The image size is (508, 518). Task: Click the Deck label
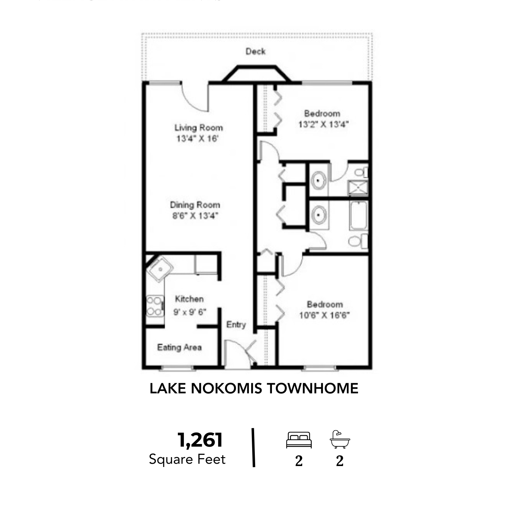click(x=255, y=51)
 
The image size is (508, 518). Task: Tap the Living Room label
click(x=199, y=127)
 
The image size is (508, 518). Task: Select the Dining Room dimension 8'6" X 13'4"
click(x=195, y=216)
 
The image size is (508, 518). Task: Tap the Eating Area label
click(x=179, y=347)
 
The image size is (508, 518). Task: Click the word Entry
click(x=236, y=325)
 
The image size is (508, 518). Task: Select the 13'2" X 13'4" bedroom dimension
click(x=323, y=124)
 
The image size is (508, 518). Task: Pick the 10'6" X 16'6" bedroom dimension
click(x=324, y=315)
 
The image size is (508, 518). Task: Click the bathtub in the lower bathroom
click(x=358, y=216)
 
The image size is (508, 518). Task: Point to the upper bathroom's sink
click(x=319, y=180)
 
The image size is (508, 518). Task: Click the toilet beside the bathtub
click(x=358, y=241)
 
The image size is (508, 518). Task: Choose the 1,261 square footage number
click(x=200, y=440)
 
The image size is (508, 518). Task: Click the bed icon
click(x=299, y=440)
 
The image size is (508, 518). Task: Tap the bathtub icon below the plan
click(x=340, y=439)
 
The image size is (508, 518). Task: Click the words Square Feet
click(x=187, y=459)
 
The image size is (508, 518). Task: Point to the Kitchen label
click(x=189, y=299)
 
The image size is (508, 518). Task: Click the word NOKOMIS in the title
click(x=227, y=388)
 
